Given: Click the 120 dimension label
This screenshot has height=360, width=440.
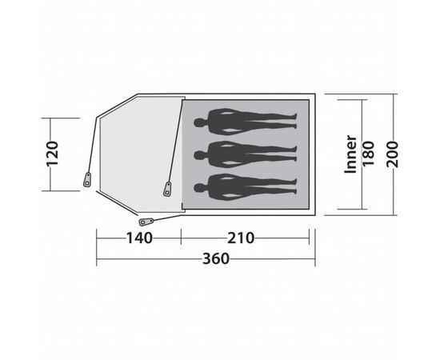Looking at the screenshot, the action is [x=53, y=154].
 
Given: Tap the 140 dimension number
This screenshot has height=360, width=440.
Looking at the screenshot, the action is [x=139, y=238].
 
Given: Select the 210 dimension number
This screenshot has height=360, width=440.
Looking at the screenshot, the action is [x=241, y=238].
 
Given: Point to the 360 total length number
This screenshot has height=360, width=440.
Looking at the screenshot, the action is [x=216, y=258].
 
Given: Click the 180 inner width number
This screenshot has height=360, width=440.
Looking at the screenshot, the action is [x=369, y=154].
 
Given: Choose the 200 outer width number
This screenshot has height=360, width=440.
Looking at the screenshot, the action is [x=392, y=154].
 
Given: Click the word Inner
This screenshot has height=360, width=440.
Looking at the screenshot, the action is [x=350, y=154].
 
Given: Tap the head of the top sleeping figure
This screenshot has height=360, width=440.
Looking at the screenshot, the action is [x=200, y=123].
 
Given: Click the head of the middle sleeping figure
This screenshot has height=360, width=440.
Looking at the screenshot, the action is [x=200, y=155].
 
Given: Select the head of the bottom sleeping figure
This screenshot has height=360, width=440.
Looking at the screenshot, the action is [x=200, y=188].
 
